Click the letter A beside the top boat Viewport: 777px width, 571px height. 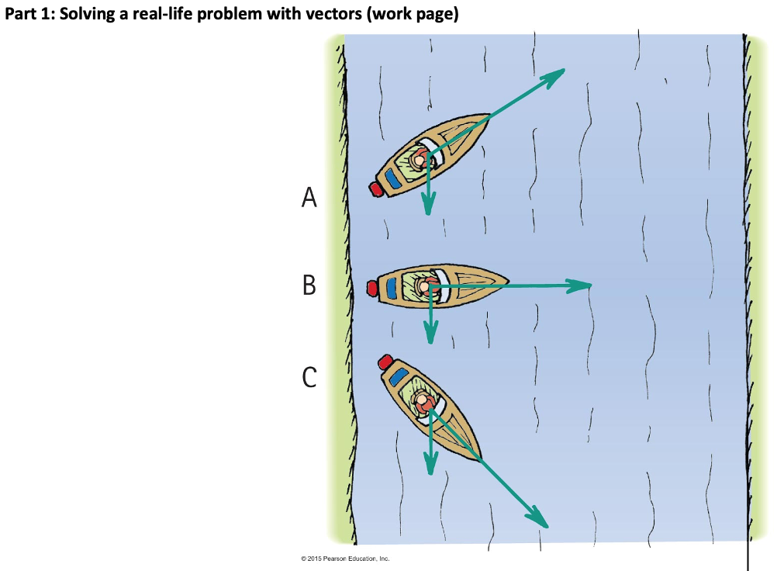point(309,199)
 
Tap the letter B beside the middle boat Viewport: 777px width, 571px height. point(309,285)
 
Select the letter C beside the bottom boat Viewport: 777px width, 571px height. point(309,377)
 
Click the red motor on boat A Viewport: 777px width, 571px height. point(376,188)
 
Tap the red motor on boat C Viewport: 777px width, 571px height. point(385,362)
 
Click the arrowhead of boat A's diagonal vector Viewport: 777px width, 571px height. point(557,73)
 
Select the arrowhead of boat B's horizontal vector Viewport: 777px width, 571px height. point(583,285)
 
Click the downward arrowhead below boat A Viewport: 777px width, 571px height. point(427,206)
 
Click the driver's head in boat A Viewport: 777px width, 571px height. point(420,161)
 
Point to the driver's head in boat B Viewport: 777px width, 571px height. point(424,287)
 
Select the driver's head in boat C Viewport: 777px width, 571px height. point(423,403)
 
